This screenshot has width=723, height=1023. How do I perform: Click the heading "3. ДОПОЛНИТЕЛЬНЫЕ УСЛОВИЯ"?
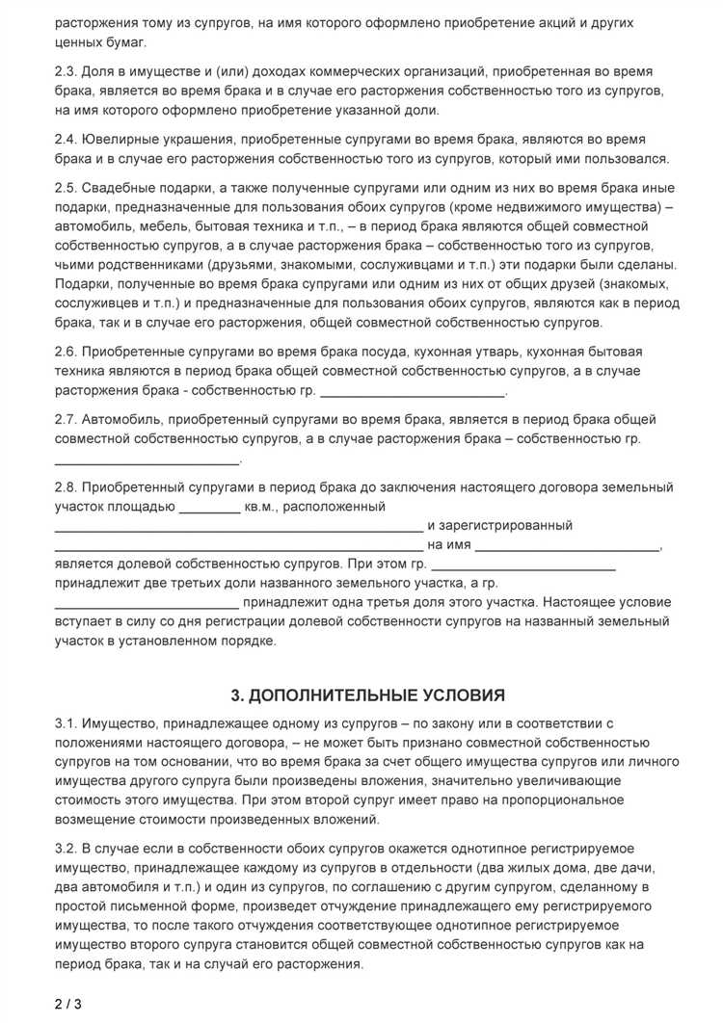click(367, 695)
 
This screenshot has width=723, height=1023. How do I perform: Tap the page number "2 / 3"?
click(68, 1004)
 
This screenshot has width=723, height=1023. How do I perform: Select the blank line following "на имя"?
click(568, 547)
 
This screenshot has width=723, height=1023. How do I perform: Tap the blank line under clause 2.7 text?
click(147, 460)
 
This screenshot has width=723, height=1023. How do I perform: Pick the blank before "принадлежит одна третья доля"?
click(147, 605)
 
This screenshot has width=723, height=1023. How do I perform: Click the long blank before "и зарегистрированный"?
click(237, 528)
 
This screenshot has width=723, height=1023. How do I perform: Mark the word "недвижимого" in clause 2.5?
click(563, 207)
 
